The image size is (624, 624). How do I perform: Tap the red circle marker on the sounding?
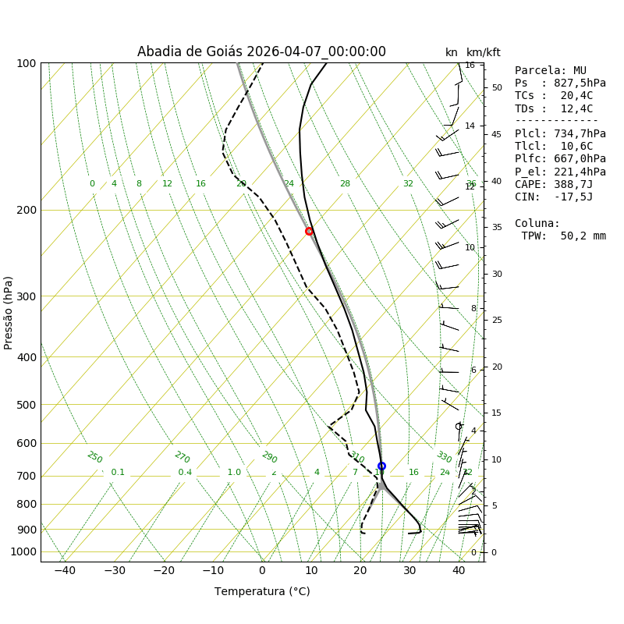(309, 231)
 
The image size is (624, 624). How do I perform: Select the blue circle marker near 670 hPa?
(381, 466)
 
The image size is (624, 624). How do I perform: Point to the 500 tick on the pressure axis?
(27, 405)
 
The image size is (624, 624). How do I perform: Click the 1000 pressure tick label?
(23, 552)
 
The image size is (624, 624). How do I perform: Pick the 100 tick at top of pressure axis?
(27, 63)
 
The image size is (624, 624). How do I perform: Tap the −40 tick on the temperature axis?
(65, 571)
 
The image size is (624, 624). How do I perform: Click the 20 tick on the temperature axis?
(360, 571)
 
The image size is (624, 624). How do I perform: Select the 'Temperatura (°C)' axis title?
(262, 591)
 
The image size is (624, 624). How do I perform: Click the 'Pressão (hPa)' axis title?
(9, 312)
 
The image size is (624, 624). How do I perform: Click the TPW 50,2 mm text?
(563, 236)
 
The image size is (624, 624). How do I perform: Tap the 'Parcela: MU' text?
(551, 71)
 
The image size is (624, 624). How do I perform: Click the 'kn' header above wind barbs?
(452, 53)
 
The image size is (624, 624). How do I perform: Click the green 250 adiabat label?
(94, 457)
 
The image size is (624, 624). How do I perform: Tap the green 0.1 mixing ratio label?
(118, 473)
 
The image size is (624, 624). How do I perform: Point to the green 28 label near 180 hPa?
(345, 184)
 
